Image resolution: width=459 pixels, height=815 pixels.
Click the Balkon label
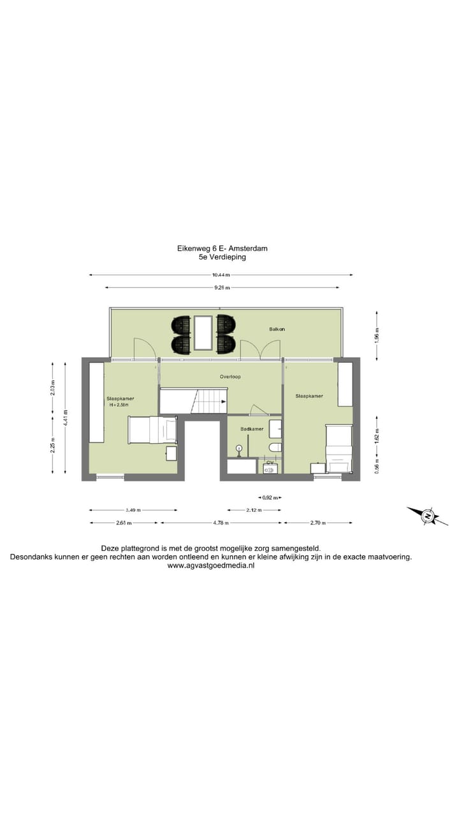(x=277, y=329)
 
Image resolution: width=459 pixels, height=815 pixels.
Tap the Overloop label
(x=230, y=376)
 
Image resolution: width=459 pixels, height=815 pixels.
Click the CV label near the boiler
(x=270, y=462)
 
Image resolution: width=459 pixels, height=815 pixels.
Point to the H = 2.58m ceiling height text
(x=118, y=404)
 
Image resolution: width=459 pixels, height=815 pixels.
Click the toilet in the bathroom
(x=275, y=447)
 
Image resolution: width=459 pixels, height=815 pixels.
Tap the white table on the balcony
(x=203, y=332)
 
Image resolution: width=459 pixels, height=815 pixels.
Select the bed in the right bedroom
(x=339, y=449)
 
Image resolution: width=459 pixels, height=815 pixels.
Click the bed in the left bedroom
(x=152, y=430)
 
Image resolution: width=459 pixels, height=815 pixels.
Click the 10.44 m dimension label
(x=221, y=275)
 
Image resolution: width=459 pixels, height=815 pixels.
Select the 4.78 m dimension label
(x=221, y=523)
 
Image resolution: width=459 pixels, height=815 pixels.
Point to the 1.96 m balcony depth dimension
(x=377, y=334)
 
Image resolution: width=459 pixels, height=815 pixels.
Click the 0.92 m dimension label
(x=270, y=498)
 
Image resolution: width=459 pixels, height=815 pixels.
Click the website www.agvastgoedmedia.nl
(x=210, y=565)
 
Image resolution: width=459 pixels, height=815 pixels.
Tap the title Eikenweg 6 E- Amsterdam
(x=222, y=248)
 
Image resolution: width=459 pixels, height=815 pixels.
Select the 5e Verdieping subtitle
(x=222, y=258)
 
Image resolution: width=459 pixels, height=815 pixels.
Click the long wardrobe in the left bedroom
(x=97, y=402)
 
